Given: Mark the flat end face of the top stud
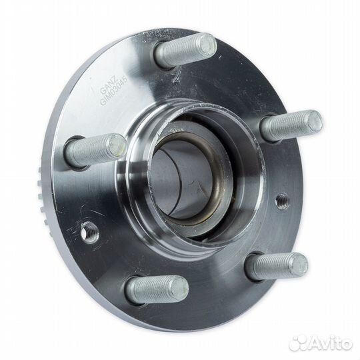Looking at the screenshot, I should point(206,45).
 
